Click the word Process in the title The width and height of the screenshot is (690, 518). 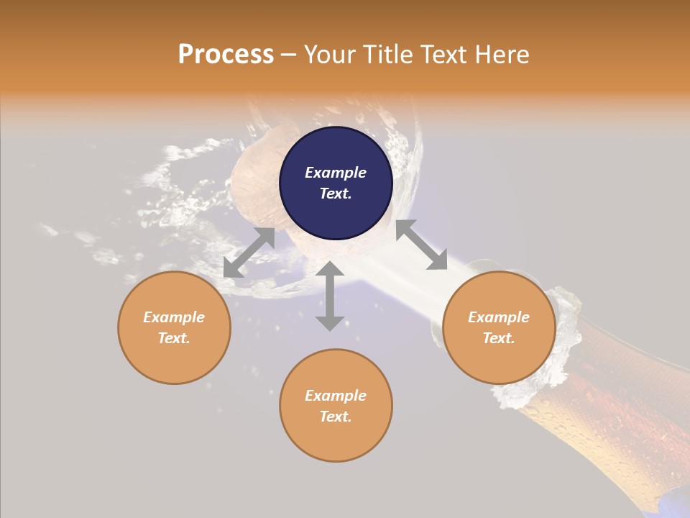tap(226, 55)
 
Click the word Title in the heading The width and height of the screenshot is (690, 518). tap(388, 55)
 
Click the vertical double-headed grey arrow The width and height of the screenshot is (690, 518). tap(330, 296)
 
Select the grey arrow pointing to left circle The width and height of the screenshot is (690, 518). tap(249, 253)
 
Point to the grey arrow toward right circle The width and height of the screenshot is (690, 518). tap(421, 245)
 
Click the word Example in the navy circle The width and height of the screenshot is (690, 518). tap(336, 173)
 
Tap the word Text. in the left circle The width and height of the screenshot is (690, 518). tap(174, 338)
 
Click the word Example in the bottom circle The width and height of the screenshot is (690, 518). tap(336, 396)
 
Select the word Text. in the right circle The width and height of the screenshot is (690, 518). tap(498, 338)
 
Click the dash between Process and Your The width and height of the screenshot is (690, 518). tap(288, 55)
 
